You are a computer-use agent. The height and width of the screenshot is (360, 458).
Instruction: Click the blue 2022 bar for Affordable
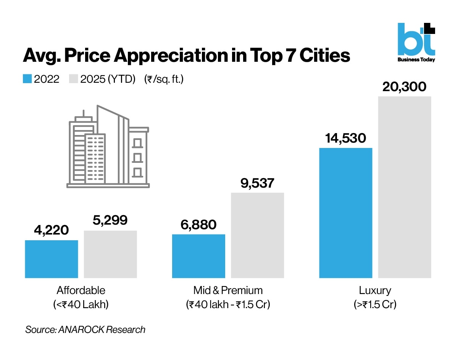click(52, 259)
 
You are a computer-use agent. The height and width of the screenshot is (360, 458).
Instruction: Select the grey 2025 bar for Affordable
click(110, 254)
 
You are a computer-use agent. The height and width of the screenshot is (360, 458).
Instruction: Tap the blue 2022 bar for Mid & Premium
click(198, 256)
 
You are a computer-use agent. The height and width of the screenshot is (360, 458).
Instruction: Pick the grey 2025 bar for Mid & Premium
click(257, 235)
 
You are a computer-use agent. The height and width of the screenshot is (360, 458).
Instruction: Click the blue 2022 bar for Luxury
click(345, 213)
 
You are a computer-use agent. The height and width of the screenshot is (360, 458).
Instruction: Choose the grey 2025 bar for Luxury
click(405, 187)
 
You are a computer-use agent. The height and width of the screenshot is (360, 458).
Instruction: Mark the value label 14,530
click(345, 138)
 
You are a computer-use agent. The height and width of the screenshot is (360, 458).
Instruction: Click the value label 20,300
click(404, 87)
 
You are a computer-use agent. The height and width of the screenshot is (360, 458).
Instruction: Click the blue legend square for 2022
click(27, 79)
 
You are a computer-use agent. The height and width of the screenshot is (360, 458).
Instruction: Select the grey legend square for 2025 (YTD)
click(73, 79)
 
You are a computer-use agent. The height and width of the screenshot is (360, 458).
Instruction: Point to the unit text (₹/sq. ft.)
click(164, 79)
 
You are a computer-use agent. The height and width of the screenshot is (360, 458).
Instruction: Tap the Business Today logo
click(416, 42)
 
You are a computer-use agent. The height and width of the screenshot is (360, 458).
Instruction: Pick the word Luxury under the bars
click(375, 291)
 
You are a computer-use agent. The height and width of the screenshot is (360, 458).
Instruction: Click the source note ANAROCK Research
click(85, 329)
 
